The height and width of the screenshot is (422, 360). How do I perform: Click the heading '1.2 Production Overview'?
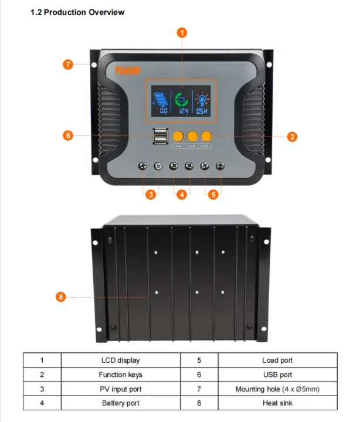click(77, 12)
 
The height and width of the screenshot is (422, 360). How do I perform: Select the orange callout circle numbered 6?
click(68, 135)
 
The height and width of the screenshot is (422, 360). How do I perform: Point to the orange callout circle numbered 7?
click(68, 64)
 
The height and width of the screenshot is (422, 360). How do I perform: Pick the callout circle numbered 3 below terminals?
click(151, 195)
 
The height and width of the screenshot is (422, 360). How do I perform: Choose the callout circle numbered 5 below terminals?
click(213, 195)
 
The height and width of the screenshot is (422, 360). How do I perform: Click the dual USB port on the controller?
click(158, 136)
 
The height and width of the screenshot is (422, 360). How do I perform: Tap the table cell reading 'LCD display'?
click(120, 360)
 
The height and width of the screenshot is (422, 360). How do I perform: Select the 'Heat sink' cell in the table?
click(277, 403)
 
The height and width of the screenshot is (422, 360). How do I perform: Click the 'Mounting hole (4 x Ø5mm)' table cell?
click(277, 389)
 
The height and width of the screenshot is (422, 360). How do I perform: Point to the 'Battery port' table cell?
click(120, 403)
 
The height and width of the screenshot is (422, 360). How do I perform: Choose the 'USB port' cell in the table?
click(277, 375)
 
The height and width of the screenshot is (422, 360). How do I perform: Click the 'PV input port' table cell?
click(120, 389)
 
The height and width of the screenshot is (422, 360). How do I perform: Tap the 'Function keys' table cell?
click(120, 375)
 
